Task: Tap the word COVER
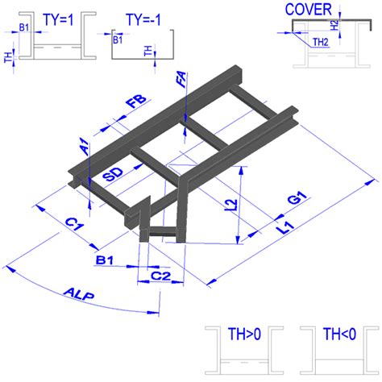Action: [x=308, y=10]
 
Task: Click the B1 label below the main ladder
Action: [x=104, y=260]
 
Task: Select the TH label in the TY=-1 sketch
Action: [x=147, y=52]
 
